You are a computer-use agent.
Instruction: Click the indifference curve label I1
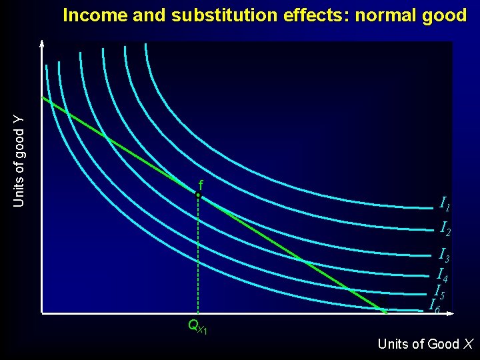click(445, 203)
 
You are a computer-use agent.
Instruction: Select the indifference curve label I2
click(445, 229)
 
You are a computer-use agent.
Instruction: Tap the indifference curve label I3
click(443, 255)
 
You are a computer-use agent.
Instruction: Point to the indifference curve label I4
click(442, 274)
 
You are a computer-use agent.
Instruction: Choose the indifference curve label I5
click(439, 292)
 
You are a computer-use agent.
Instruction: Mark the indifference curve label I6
click(434, 307)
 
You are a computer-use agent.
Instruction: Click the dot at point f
click(198, 195)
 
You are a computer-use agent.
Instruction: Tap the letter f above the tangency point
click(200, 184)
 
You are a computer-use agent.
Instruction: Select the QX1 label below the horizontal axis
click(198, 327)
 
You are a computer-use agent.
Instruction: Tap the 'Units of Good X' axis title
click(425, 344)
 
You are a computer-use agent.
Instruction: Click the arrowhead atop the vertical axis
click(41, 44)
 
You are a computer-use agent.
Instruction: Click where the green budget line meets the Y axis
click(43, 98)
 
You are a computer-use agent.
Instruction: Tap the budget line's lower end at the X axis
click(384, 311)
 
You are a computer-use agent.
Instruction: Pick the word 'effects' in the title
click(309, 15)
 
